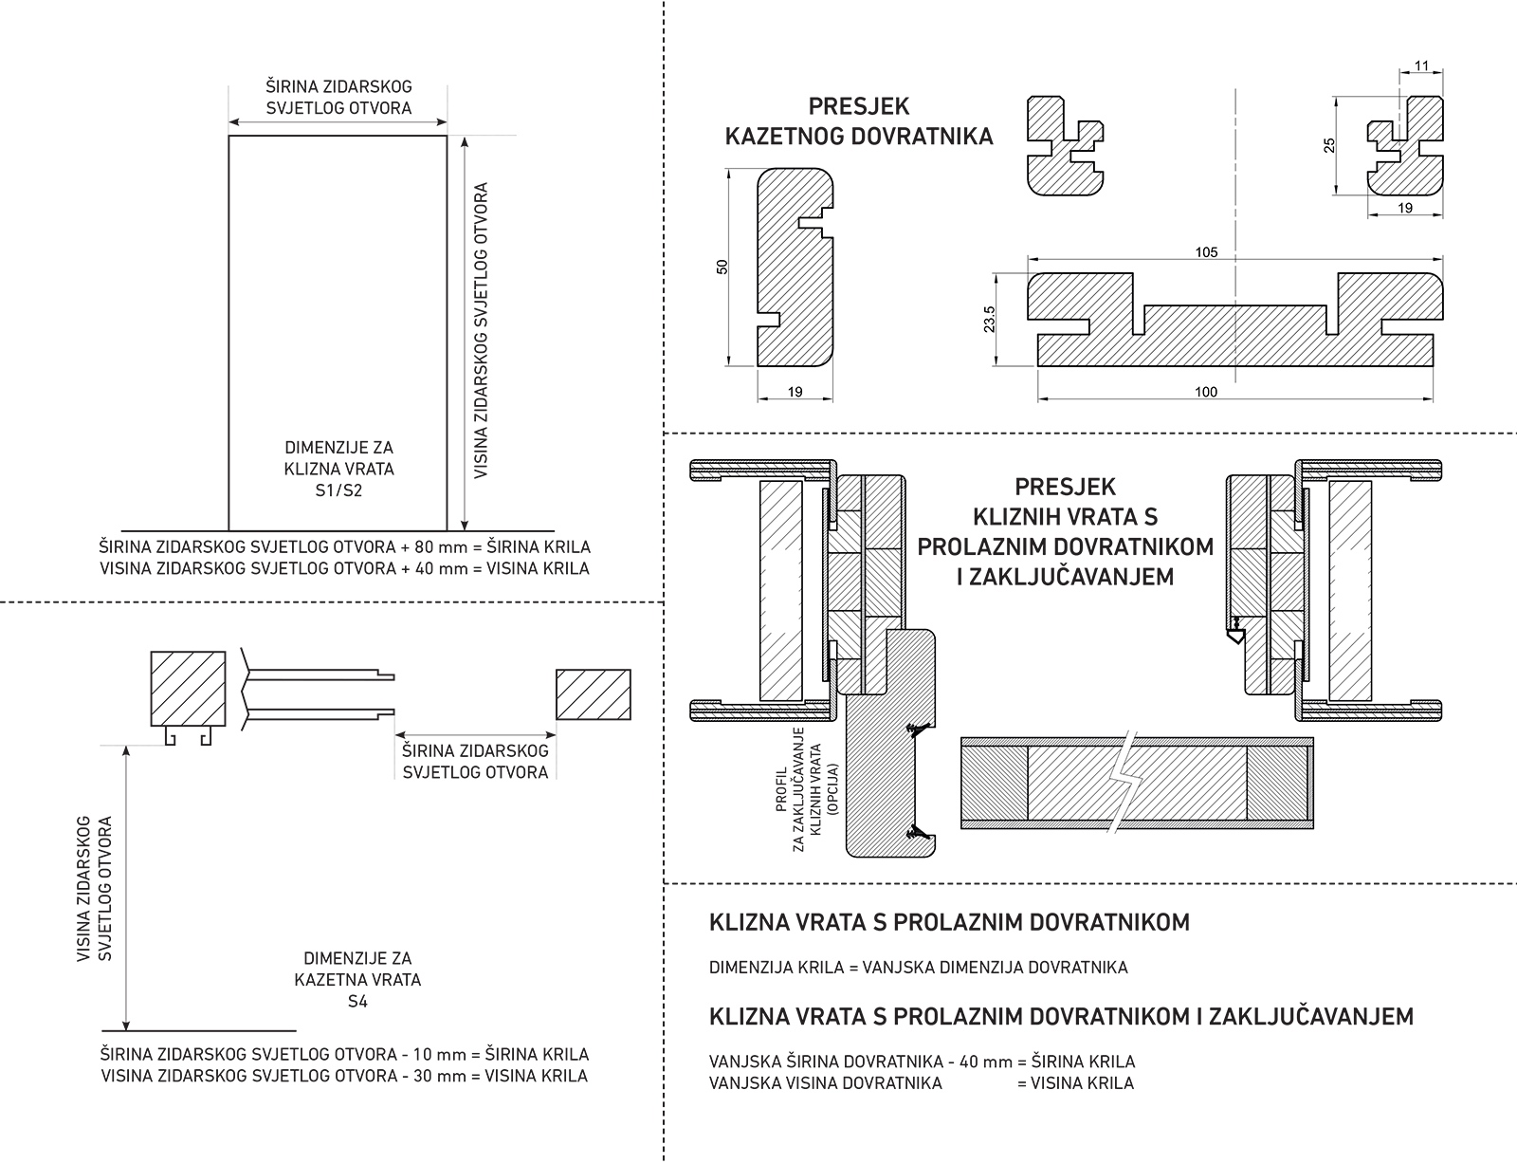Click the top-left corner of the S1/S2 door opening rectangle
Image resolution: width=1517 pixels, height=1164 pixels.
[229, 136]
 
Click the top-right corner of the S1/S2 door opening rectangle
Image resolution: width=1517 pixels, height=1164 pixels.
[447, 136]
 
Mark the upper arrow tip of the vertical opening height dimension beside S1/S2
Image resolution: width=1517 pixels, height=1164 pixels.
[465, 137]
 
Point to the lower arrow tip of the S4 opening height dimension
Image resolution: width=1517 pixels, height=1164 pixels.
[126, 1030]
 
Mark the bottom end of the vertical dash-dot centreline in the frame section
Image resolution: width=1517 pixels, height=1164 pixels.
[1235, 382]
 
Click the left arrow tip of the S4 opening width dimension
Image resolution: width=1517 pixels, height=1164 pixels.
[396, 734]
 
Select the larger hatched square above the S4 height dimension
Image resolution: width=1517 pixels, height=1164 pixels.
[189, 689]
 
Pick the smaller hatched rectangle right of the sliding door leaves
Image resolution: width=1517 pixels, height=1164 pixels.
[594, 694]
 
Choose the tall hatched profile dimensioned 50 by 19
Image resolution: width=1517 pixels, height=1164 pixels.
[795, 268]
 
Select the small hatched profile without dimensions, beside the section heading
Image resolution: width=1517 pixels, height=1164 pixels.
[1065, 146]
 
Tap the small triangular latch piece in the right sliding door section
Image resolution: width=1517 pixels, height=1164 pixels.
[1235, 637]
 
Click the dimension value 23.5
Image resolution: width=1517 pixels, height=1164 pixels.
[989, 319]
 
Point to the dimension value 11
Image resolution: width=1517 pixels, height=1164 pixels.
[1421, 66]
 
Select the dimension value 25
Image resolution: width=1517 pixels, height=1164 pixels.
[1329, 145]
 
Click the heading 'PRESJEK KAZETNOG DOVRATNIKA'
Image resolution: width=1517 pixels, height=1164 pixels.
[859, 120]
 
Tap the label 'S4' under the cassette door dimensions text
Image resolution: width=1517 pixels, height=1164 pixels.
[357, 1001]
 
